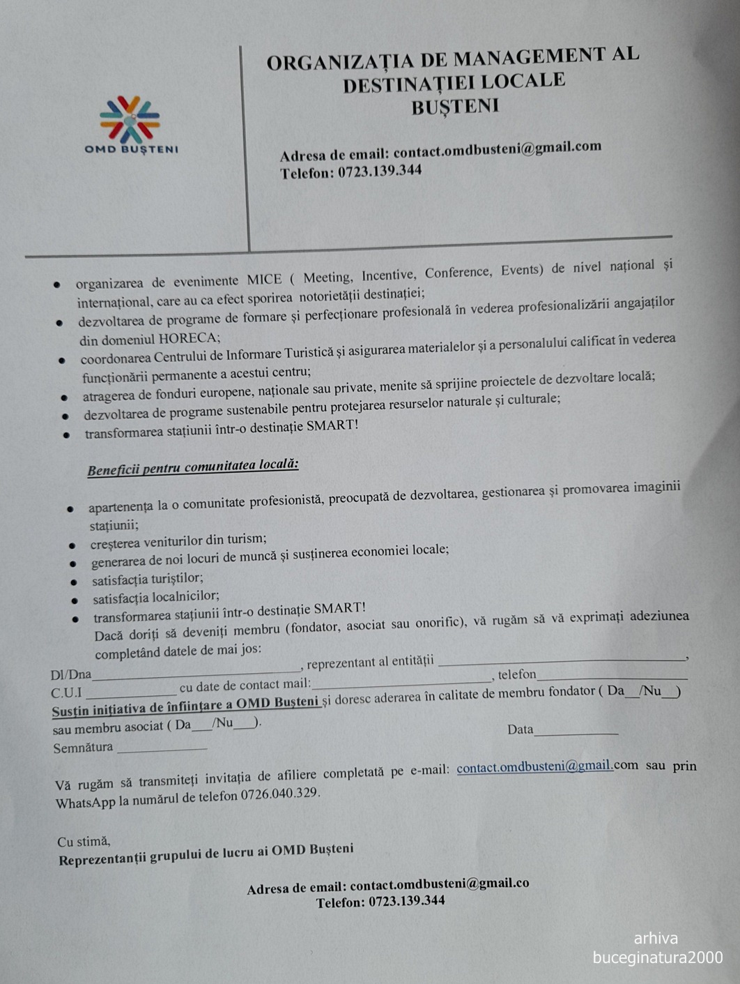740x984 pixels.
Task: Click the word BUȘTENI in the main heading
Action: (454, 107)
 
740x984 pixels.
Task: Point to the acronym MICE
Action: (264, 280)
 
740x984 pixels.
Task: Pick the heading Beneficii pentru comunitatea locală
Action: (193, 467)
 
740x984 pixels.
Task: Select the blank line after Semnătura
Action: (162, 748)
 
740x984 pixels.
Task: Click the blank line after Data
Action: (576, 732)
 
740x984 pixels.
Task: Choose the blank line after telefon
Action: (612, 675)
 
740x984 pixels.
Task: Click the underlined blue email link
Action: (534, 767)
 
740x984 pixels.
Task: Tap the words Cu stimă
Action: (84, 842)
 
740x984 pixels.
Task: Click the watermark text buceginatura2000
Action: (657, 957)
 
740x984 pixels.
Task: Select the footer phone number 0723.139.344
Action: (407, 901)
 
